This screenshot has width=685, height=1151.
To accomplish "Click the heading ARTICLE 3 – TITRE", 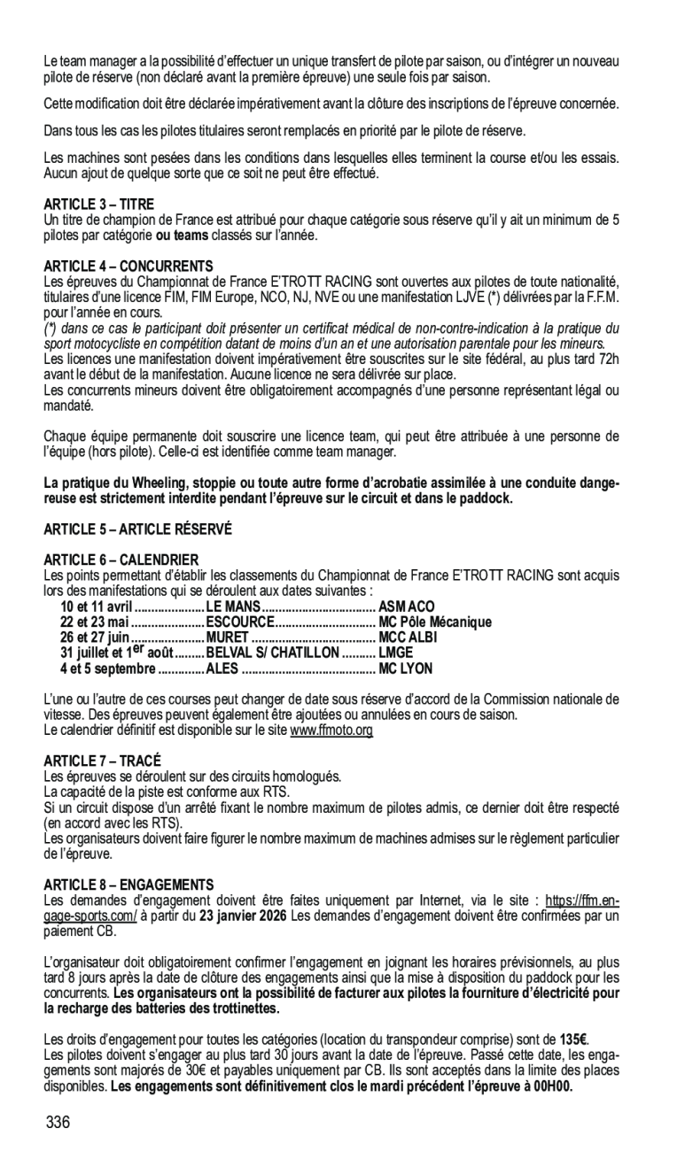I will [x=98, y=205].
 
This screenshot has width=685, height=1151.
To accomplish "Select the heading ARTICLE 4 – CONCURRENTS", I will [x=128, y=266].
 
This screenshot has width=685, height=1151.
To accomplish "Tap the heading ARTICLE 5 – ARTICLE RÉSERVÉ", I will [x=137, y=529].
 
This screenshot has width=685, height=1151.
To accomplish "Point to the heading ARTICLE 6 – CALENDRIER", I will [x=121, y=560].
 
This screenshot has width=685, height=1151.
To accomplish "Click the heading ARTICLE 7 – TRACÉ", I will [x=103, y=761].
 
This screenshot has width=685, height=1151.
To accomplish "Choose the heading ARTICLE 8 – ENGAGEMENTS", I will [x=128, y=884].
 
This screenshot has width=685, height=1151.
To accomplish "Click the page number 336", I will [x=58, y=1123].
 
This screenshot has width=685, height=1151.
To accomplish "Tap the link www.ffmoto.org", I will [x=331, y=730].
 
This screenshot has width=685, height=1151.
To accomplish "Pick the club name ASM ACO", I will [x=407, y=606].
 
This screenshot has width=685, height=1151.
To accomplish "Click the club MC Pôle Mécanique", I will [x=434, y=622].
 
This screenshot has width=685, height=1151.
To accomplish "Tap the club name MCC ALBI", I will [x=408, y=637].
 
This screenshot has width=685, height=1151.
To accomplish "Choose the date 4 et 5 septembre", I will [x=95, y=668].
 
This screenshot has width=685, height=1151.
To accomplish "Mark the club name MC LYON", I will [x=405, y=668].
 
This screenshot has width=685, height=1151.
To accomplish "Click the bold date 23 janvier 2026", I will [x=242, y=915].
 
